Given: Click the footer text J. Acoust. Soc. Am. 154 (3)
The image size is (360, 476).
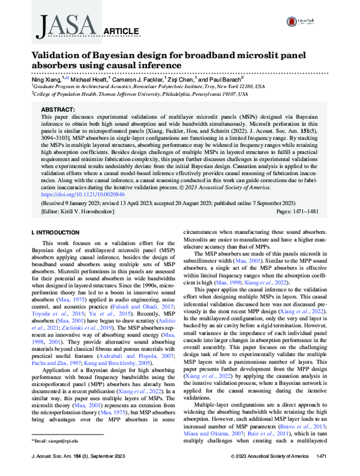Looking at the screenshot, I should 82,457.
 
